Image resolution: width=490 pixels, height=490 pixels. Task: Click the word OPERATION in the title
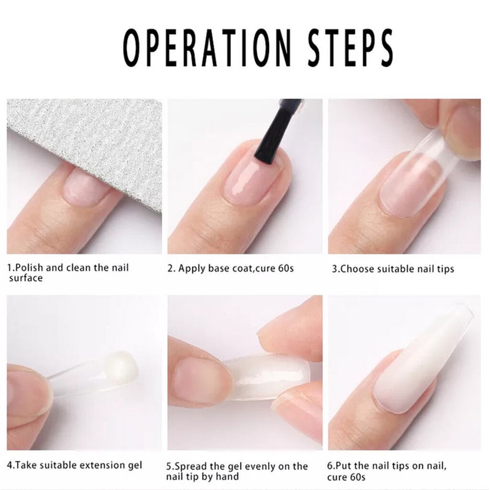[207, 47]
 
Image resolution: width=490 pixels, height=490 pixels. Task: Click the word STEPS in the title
[350, 47]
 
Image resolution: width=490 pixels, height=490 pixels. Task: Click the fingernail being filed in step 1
[84, 187]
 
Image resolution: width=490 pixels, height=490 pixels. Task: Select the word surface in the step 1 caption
[26, 278]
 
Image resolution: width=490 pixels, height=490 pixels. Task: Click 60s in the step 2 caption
[286, 268]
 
